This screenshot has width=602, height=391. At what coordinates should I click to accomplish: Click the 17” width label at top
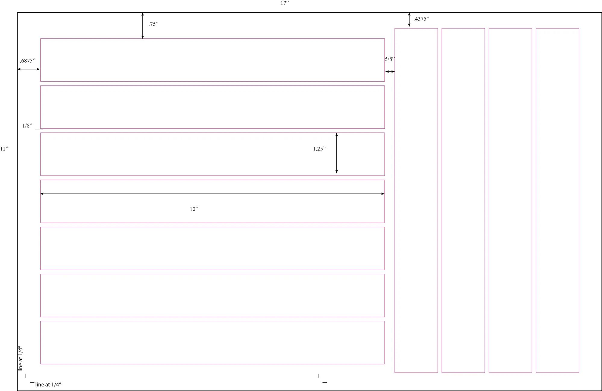(x=285, y=3)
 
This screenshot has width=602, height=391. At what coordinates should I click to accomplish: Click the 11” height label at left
(x=4, y=149)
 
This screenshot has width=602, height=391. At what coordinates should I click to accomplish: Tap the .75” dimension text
(x=153, y=24)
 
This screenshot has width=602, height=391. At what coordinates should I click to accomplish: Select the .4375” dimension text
(x=421, y=19)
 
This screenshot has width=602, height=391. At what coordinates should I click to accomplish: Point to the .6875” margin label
(x=28, y=61)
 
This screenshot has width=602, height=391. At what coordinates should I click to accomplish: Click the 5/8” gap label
(x=390, y=59)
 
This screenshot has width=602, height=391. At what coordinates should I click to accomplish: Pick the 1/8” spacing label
(x=27, y=126)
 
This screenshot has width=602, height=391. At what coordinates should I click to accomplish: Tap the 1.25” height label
(x=319, y=149)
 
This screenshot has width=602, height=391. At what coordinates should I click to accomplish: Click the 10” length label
(x=194, y=209)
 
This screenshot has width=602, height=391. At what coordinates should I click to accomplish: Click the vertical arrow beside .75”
(x=143, y=26)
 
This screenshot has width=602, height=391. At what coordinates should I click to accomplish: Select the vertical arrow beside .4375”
(x=409, y=20)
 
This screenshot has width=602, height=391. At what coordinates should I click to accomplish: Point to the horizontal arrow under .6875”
(x=29, y=69)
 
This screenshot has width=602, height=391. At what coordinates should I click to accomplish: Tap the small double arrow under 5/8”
(x=390, y=72)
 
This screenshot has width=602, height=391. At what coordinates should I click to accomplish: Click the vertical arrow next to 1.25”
(x=337, y=153)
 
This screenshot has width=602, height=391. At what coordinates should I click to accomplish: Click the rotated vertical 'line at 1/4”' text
(x=20, y=359)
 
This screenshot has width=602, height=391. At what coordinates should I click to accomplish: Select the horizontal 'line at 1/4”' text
(x=48, y=384)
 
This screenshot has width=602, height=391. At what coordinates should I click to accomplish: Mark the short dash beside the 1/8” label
(x=39, y=130)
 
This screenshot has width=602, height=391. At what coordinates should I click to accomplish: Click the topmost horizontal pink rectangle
(x=213, y=39)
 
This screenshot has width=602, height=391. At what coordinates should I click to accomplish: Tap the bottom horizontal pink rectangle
(x=213, y=321)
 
